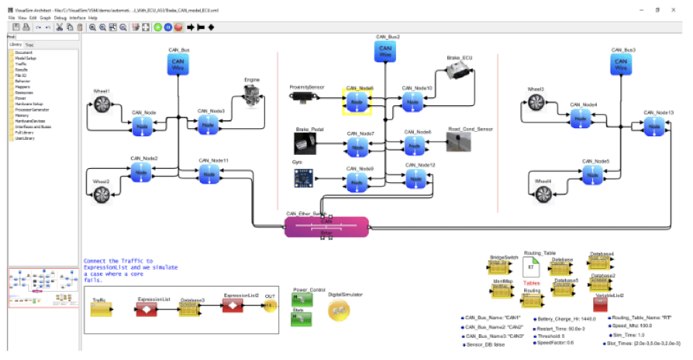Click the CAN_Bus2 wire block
pos(386,52)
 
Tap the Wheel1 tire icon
pos(101,108)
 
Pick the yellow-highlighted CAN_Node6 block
pos(357,102)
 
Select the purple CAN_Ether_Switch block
pos(326,227)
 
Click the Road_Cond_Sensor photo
pos(459,141)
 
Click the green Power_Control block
pos(301,300)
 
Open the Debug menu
pos(60,17)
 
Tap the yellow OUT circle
pos(271,305)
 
